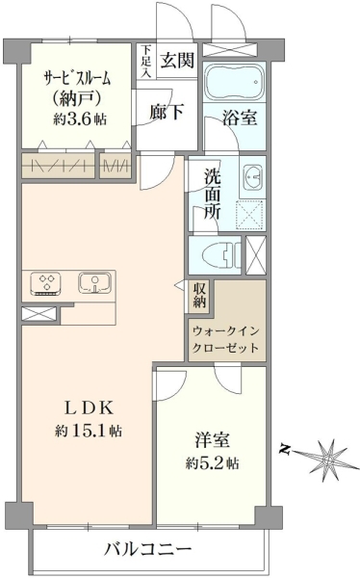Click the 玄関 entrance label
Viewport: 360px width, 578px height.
[177, 60]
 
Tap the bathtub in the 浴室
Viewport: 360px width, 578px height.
[234, 81]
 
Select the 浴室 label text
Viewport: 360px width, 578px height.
[240, 118]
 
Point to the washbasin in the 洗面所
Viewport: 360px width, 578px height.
[253, 177]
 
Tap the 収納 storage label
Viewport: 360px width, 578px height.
[199, 294]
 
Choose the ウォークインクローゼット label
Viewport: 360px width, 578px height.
[226, 339]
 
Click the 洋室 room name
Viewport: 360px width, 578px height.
[213, 440]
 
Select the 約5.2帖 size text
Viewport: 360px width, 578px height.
[212, 463]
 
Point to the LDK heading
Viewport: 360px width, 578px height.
[89, 407]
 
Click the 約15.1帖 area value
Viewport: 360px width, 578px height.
[89, 431]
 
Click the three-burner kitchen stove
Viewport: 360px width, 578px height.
[46, 283]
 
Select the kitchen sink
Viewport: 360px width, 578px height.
[94, 283]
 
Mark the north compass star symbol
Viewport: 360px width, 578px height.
[327, 460]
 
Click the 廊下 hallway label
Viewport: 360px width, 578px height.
[167, 111]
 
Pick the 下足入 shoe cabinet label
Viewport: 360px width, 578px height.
[146, 61]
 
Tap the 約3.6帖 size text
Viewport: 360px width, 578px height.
[80, 119]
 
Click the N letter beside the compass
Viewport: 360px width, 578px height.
[284, 449]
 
